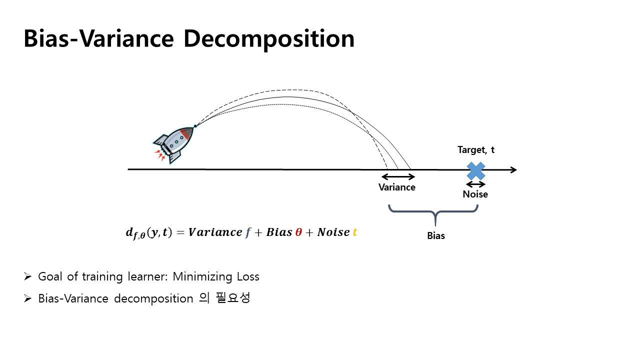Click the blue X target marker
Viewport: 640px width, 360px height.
[x=475, y=171]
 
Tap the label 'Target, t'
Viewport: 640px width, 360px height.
[x=476, y=150]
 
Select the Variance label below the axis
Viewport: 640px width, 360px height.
[x=397, y=187]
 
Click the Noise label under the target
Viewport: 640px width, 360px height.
[x=475, y=194]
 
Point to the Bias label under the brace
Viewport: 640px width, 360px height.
[x=436, y=235]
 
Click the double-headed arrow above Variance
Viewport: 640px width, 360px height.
[x=398, y=177]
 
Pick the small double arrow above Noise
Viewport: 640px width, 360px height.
[x=475, y=184]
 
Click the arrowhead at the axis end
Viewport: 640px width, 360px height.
[x=513, y=170]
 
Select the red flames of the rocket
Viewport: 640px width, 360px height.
[x=159, y=155]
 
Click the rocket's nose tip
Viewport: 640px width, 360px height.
[x=195, y=125]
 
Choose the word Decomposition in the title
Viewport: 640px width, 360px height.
[x=269, y=39]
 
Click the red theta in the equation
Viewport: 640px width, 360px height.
[x=298, y=232]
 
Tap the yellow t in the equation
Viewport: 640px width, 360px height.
[x=355, y=232]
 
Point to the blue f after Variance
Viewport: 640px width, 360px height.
[x=247, y=233]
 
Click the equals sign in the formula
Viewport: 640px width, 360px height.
[x=180, y=232]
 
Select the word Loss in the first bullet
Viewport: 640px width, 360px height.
[x=248, y=276]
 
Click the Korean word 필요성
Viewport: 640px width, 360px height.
[x=233, y=298]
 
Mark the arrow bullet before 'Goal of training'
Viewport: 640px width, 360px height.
[x=27, y=276]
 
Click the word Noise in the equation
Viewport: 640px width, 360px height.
[x=333, y=232]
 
